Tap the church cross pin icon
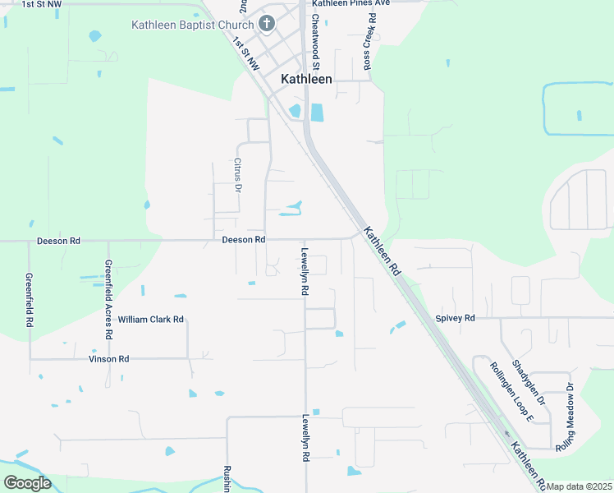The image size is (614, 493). [266, 24]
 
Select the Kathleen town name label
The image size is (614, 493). [307, 79]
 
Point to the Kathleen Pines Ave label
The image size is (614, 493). [350, 3]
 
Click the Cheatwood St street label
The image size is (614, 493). [315, 41]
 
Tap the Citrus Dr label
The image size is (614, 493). [238, 175]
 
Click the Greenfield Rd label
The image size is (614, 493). [29, 301]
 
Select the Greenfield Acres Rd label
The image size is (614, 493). [108, 300]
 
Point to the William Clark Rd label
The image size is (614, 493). [150, 319]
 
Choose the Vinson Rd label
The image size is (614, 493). [109, 359]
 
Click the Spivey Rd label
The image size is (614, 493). [456, 318]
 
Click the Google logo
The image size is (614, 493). [27, 483]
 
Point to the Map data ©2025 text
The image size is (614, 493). [580, 486]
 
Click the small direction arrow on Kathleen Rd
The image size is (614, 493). [506, 434]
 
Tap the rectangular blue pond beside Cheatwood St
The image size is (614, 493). [317, 112]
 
